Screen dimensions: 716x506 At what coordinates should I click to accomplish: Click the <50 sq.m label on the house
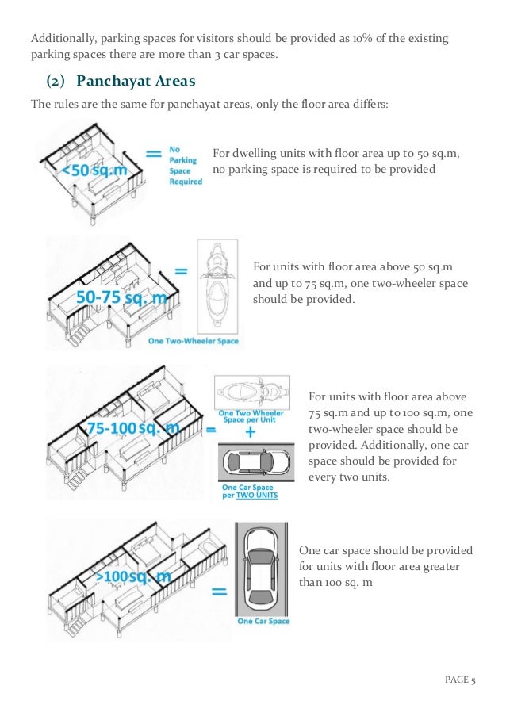tap(89, 170)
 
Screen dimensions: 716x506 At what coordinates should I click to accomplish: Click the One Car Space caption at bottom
tap(263, 621)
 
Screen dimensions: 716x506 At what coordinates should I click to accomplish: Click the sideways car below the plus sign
tap(249, 463)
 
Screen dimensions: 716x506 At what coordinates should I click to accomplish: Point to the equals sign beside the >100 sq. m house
tap(221, 592)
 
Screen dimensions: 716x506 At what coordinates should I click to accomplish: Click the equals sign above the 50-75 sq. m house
tap(181, 271)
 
